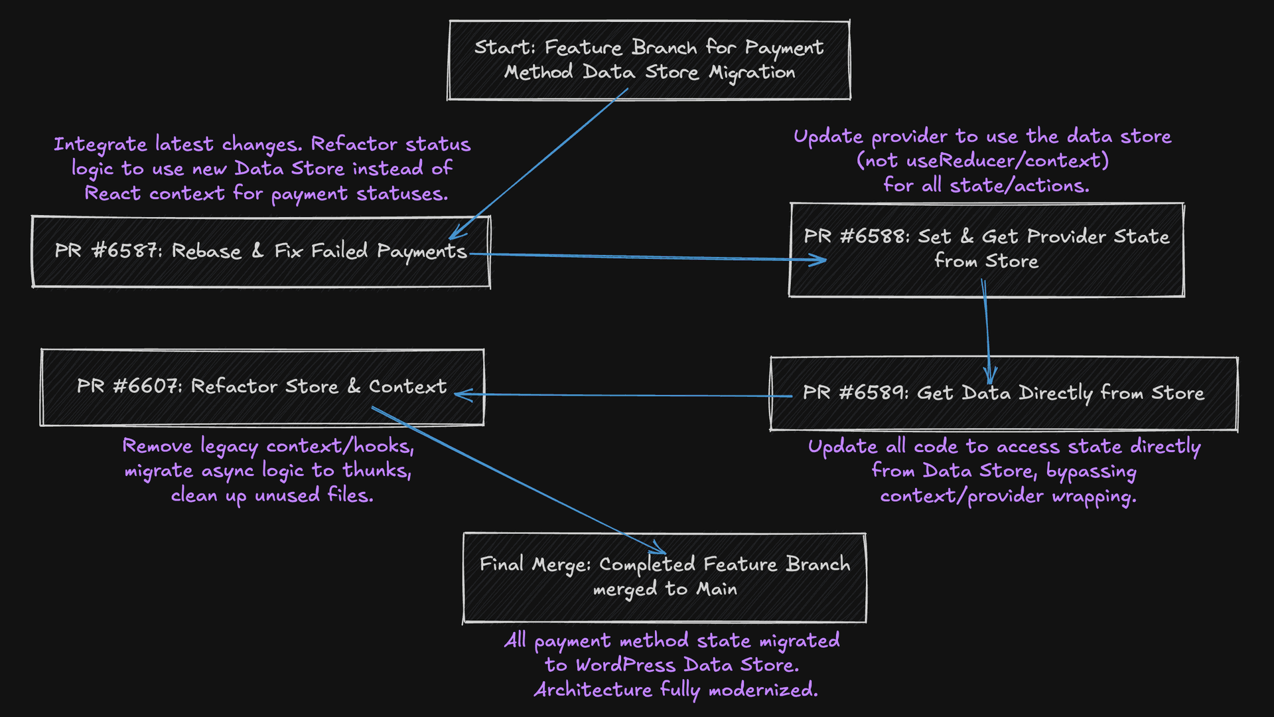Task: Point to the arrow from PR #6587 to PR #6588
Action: (637, 257)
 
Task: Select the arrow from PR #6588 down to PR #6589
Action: (987, 332)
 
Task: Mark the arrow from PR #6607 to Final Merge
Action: (518, 478)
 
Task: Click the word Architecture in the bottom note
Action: (593, 690)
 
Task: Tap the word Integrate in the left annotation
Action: (100, 145)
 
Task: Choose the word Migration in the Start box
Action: (751, 72)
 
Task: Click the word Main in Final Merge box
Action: (717, 589)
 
